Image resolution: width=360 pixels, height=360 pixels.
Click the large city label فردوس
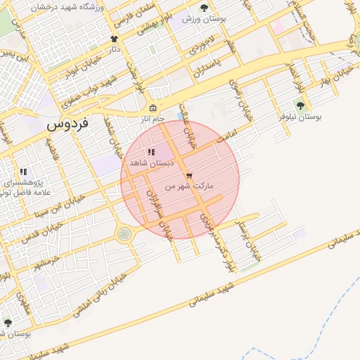(68, 125)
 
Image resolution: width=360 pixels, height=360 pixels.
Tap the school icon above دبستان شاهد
(150, 153)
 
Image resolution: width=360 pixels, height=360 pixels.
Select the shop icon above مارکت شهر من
(188, 176)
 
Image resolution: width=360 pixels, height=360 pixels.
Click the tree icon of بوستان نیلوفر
(300, 106)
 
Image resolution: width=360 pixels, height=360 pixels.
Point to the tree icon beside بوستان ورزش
(204, 8)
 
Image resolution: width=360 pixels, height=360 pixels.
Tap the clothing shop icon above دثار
(114, 39)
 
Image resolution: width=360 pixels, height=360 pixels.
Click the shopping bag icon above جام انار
(153, 108)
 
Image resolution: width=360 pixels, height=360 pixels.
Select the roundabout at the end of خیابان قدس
(124, 233)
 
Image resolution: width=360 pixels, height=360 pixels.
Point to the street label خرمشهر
(45, 265)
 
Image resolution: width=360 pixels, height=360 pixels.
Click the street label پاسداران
(207, 62)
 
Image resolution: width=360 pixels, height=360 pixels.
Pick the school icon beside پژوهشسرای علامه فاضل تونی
(23, 171)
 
